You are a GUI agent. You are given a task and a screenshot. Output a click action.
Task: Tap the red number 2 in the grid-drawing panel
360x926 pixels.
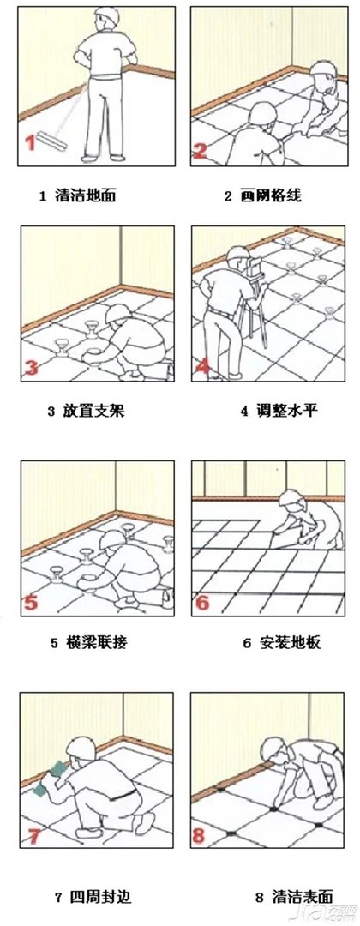pyautogui.click(x=201, y=152)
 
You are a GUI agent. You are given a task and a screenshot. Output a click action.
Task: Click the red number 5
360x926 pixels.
pyautogui.click(x=31, y=601)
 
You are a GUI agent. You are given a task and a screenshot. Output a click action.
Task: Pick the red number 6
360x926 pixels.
pyautogui.click(x=202, y=601)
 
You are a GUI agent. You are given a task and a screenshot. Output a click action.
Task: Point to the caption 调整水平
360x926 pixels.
pyautogui.click(x=279, y=411)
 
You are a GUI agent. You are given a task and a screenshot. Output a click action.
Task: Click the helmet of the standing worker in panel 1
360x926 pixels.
pyautogui.click(x=105, y=15)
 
